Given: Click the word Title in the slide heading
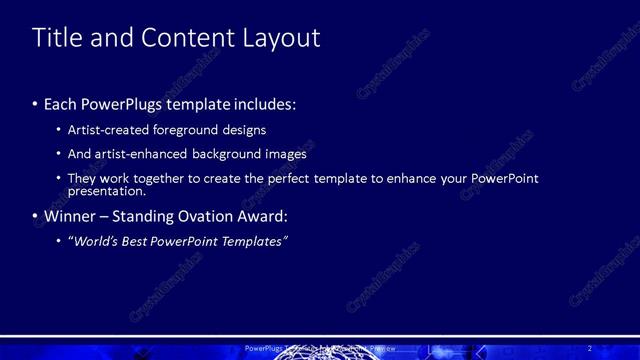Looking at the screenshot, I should (x=56, y=38).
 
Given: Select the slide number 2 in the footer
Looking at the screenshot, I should (x=590, y=347).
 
